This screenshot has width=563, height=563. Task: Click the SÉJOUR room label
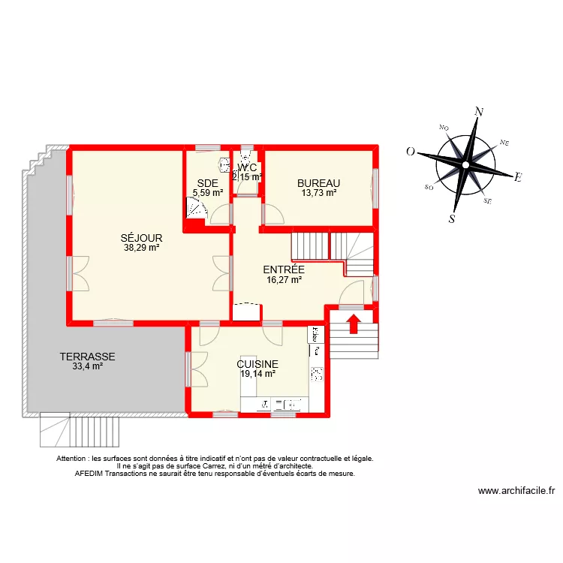[142, 238]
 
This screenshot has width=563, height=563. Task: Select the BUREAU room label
[318, 183]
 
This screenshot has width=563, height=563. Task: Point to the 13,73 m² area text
[318, 192]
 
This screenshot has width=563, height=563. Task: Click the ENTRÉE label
[283, 269]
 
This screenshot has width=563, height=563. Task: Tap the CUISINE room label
[257, 363]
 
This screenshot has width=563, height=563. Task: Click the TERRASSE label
[88, 357]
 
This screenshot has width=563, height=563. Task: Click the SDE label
[207, 183]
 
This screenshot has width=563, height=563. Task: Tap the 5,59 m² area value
[208, 192]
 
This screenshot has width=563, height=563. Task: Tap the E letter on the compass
[517, 178]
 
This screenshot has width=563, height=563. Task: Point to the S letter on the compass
[452, 218]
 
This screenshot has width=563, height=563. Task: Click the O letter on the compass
[411, 151]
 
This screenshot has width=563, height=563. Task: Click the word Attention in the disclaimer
[73, 458]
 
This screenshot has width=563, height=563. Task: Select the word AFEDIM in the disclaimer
[91, 474]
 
